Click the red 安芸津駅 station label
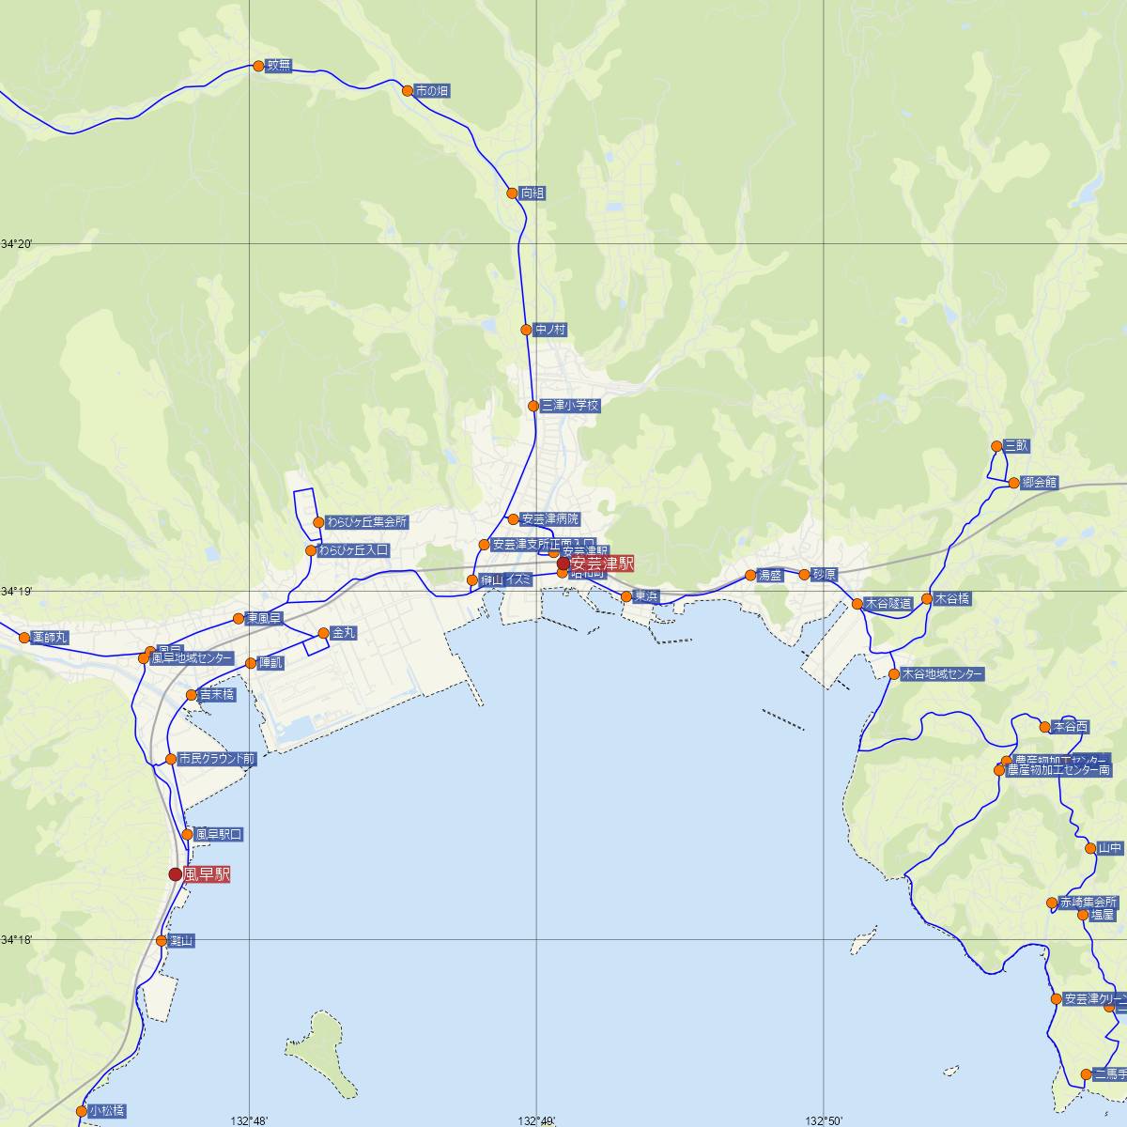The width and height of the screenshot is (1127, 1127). (602, 564)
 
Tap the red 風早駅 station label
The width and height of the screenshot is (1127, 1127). (207, 874)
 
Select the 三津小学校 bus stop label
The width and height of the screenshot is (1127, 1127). (569, 406)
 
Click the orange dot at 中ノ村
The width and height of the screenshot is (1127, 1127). (526, 330)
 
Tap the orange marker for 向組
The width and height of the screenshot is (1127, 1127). (512, 193)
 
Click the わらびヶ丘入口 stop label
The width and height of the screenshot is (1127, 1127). (353, 550)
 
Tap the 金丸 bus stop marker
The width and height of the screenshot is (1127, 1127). (324, 634)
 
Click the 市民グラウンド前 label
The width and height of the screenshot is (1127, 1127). (217, 758)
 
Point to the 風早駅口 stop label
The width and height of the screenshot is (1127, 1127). (219, 834)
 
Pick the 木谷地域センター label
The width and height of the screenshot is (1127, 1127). (942, 674)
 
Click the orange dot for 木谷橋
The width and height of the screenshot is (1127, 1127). (927, 598)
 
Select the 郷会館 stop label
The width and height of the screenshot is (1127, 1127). (1039, 483)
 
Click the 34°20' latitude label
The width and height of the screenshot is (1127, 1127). (17, 244)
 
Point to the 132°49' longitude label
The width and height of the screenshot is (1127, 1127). (536, 1119)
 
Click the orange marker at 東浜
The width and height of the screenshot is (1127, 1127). (626, 596)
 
